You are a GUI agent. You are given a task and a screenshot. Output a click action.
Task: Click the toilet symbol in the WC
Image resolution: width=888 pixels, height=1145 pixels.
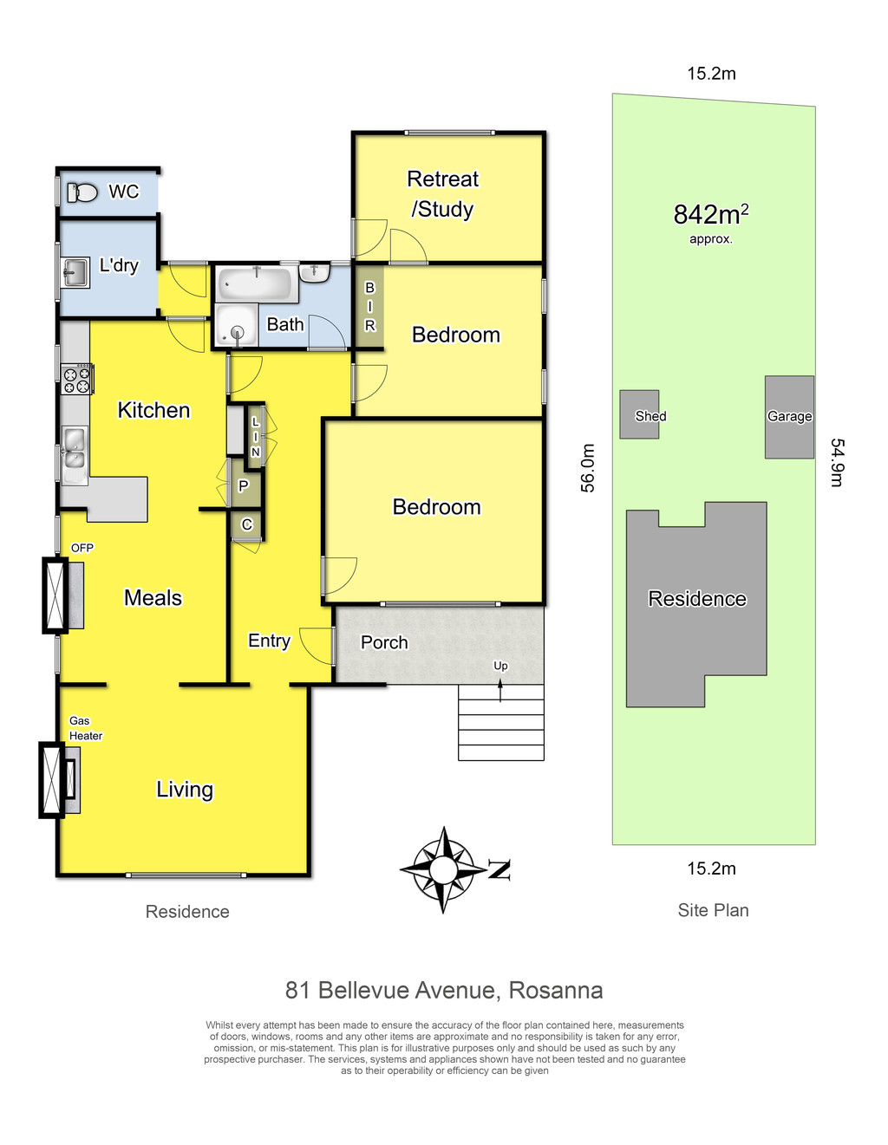(82, 192)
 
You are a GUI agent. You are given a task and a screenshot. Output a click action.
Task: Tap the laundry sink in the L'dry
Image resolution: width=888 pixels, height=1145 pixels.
(75, 272)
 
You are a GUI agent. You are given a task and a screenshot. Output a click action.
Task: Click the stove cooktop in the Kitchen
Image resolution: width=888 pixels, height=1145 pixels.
(77, 378)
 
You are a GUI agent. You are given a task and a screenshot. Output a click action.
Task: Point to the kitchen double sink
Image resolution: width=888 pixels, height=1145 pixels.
(75, 455)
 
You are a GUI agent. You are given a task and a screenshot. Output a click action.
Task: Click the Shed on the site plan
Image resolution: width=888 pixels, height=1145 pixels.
(639, 414)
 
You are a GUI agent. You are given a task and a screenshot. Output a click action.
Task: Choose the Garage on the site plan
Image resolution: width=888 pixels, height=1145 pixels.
(789, 416)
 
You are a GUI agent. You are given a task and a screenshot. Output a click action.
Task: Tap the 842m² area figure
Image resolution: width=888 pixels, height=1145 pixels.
(711, 214)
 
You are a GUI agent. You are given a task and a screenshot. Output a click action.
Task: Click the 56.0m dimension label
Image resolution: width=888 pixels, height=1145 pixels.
(588, 468)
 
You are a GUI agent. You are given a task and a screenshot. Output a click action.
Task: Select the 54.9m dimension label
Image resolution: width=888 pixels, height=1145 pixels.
(838, 462)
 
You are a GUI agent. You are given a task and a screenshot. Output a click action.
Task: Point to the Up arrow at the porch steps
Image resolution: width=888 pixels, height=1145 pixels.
(500, 690)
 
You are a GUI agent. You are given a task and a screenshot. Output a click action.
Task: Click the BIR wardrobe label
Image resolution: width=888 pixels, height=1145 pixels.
(370, 307)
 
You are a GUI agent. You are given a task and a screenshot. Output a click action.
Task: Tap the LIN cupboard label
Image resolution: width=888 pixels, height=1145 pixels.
(256, 436)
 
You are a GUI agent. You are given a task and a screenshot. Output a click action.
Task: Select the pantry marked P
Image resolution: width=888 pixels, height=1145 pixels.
(244, 485)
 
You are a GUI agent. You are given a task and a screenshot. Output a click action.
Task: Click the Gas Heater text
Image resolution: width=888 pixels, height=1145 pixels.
(85, 728)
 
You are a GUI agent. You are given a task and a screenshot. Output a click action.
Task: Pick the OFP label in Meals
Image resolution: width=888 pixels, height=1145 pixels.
(82, 548)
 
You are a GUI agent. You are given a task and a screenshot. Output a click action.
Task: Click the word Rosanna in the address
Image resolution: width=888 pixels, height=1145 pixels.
(556, 990)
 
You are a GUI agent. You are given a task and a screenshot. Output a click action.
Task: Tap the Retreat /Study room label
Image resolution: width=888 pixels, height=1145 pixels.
(442, 194)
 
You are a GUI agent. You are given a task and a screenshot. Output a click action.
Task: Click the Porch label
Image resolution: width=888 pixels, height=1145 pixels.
(384, 642)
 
